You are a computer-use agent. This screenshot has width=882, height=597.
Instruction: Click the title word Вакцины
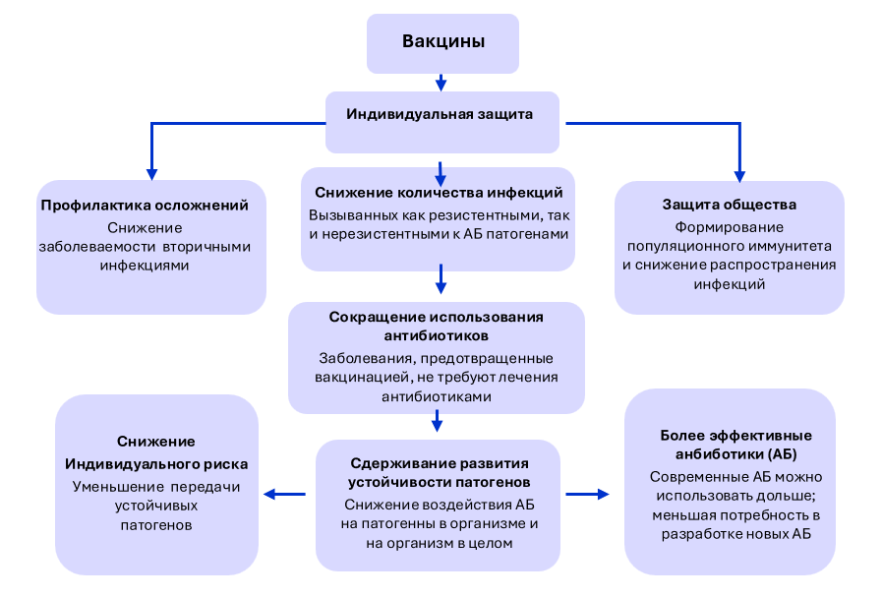442,41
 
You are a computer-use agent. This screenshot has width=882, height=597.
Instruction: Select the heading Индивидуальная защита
440,113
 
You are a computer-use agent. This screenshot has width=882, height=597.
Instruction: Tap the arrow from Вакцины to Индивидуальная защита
441,82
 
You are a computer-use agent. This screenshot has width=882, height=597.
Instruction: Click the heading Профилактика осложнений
151,206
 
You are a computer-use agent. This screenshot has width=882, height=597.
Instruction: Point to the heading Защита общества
730,205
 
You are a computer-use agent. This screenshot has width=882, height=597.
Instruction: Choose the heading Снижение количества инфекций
439,192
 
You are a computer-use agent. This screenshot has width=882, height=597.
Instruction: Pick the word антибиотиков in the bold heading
437,335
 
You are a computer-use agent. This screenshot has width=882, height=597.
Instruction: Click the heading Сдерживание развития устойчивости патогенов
439,473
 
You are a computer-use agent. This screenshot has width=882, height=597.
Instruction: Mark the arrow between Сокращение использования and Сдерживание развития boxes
438,421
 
